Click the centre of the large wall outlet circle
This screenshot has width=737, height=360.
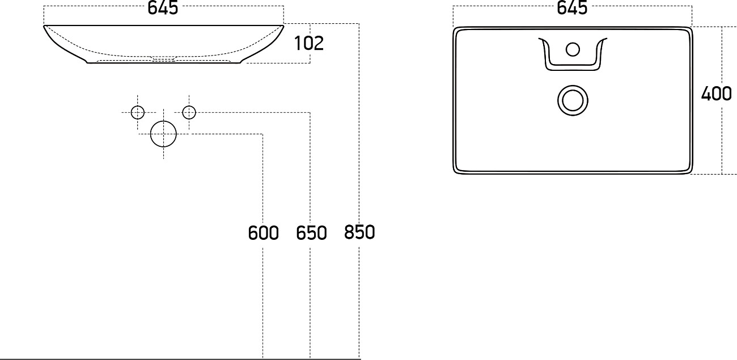163,134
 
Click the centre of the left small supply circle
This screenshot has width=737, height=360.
138,113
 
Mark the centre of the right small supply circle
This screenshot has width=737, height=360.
189,113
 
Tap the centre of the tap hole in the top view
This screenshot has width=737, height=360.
573,49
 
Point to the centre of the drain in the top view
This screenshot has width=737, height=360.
573,100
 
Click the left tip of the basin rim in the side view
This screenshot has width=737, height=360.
44,26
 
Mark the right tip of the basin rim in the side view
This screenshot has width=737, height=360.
283,26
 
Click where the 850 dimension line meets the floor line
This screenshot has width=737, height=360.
359,359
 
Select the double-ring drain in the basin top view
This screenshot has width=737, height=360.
573,100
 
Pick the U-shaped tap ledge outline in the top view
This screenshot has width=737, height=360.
573,54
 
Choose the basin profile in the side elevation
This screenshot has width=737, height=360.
163,44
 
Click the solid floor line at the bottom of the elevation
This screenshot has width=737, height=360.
180,359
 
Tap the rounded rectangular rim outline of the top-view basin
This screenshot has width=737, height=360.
573,100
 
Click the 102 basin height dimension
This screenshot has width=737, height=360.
309,43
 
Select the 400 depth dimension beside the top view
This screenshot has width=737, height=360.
716,94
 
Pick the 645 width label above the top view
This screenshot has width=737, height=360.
572,7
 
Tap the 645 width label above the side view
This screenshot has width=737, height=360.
163,7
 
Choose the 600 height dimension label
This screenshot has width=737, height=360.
263,233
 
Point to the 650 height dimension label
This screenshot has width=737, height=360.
311,233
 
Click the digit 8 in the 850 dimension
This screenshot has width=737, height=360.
349,232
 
